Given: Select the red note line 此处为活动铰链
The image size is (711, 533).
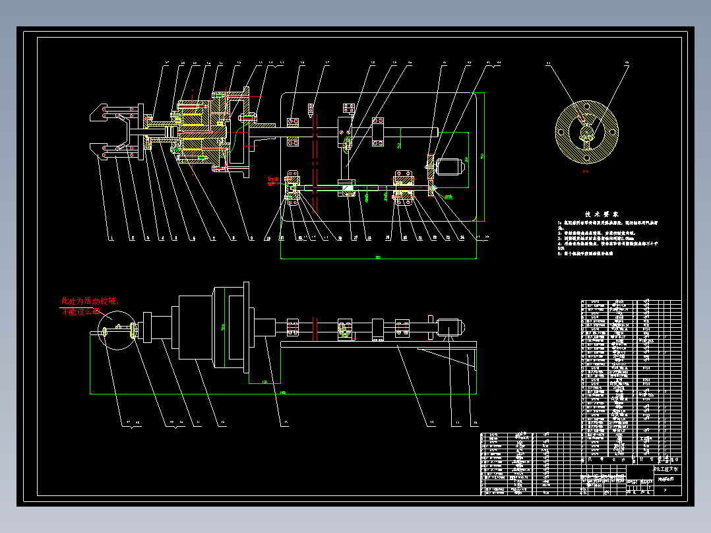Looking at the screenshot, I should [x=90, y=301].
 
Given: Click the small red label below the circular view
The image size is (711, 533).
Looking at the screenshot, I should [x=586, y=171].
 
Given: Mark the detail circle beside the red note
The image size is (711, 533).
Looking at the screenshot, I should [x=115, y=329].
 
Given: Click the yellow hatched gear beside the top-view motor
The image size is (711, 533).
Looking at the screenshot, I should [x=430, y=166].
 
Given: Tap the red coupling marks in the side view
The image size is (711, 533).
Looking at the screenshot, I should [x=316, y=326].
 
